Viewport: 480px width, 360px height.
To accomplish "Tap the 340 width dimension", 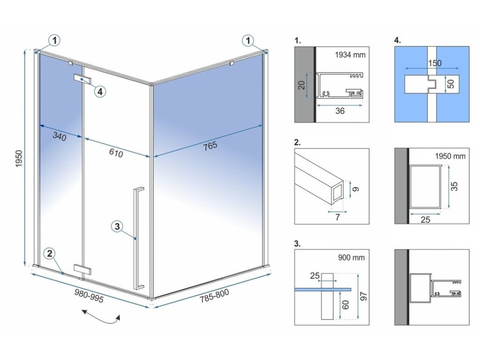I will pos(59,137).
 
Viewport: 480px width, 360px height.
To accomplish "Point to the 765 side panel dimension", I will pos(210,146).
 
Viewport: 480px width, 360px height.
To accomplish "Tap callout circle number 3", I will pos(118,227).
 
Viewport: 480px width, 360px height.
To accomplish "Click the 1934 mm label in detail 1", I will pos(349,55).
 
